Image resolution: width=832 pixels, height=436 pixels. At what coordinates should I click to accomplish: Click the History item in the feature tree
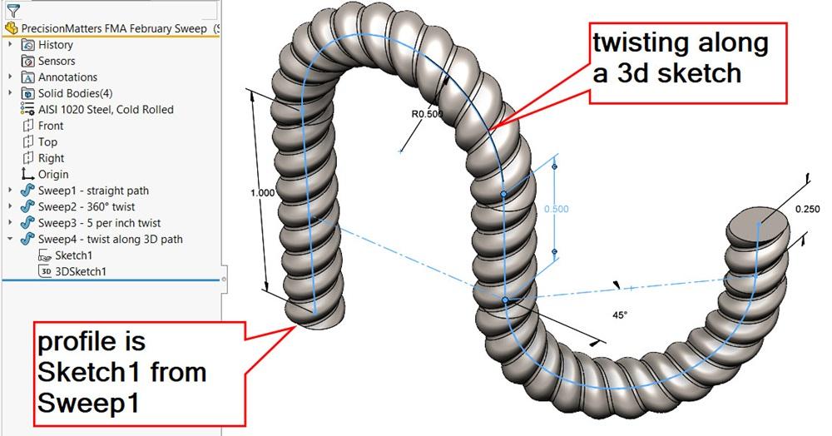[x=55, y=45]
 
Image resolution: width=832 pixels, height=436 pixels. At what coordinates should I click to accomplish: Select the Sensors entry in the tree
[x=56, y=61]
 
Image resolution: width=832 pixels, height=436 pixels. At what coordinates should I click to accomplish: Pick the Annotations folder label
[x=67, y=77]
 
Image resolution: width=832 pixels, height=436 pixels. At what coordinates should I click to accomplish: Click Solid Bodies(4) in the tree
[x=75, y=93]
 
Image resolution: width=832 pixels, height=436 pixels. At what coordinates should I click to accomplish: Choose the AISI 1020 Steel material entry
[x=106, y=110]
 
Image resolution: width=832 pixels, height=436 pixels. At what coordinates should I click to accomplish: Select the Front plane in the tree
[x=51, y=126]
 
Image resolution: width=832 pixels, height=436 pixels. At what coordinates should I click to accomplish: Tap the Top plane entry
[x=47, y=142]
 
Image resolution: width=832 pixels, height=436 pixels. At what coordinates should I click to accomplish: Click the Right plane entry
[x=51, y=158]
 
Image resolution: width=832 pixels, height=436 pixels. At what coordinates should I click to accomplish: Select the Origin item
[x=53, y=175]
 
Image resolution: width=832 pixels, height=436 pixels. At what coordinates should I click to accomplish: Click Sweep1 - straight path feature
[x=93, y=191]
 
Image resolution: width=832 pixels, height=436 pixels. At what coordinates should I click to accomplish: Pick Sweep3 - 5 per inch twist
[x=99, y=223]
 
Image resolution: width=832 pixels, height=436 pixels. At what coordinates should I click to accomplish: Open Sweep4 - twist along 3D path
[x=110, y=240]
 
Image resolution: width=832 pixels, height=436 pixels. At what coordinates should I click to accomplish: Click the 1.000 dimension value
[x=262, y=192]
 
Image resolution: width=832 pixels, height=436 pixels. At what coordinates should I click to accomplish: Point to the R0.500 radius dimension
[x=427, y=113]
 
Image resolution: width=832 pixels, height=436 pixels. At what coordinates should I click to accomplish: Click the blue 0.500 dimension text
[x=556, y=209]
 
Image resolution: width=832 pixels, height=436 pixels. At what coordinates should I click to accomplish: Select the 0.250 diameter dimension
[x=807, y=209]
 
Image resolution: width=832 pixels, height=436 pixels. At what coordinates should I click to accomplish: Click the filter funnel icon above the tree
[x=13, y=10]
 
